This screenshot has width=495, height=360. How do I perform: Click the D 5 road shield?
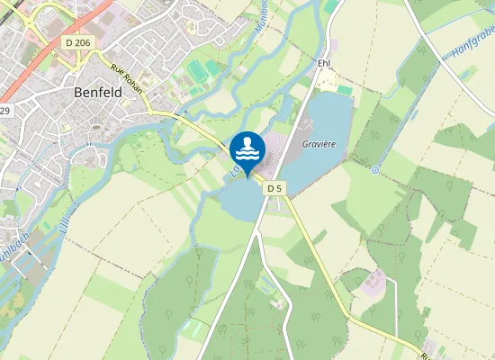(x=274, y=188)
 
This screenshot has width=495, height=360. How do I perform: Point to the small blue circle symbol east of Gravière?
(x=374, y=169)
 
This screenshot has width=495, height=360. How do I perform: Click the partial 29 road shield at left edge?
(x=4, y=111)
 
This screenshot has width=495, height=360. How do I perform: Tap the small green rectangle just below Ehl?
(x=345, y=90)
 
